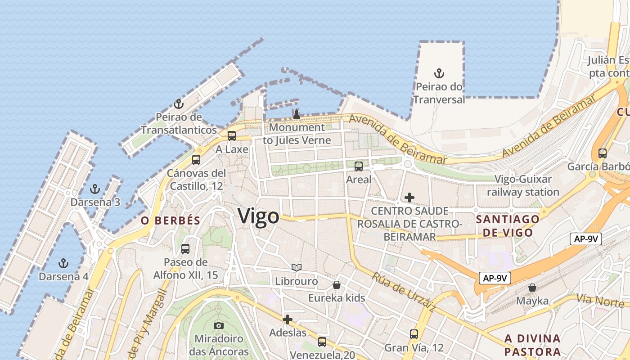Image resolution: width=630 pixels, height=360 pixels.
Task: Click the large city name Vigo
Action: click(258, 216)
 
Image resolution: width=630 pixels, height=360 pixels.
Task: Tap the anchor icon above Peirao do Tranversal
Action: click(439, 73)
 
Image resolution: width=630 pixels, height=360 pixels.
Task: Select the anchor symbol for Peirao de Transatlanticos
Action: click(179, 104)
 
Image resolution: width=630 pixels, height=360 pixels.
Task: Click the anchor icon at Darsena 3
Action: click(95, 189)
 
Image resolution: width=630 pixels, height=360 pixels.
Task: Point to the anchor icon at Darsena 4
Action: click(63, 263)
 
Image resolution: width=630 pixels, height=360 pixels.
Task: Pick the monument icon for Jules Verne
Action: click(297, 114)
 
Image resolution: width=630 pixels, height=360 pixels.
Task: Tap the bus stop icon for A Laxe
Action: click(232, 135)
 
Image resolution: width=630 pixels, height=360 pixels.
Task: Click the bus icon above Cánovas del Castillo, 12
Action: click(196, 159)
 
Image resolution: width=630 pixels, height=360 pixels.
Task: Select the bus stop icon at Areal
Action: click(359, 166)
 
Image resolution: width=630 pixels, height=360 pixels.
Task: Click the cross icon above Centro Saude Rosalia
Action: click(409, 197)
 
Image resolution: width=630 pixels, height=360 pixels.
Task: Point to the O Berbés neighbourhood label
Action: click(170, 220)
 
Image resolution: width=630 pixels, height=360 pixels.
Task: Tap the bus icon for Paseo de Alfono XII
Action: click(185, 248)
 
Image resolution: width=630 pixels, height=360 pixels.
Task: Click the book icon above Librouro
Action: click(296, 268)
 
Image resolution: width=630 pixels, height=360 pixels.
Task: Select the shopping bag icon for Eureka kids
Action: click(337, 285)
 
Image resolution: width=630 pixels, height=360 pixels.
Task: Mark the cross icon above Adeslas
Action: click(288, 319)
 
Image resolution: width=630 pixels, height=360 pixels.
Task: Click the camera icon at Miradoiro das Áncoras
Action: click(219, 325)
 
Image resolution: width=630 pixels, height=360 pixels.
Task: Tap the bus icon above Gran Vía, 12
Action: click(414, 334)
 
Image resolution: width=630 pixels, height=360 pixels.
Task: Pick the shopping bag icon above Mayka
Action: click(532, 287)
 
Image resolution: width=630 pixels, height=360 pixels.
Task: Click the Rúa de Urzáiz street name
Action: click(403, 292)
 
